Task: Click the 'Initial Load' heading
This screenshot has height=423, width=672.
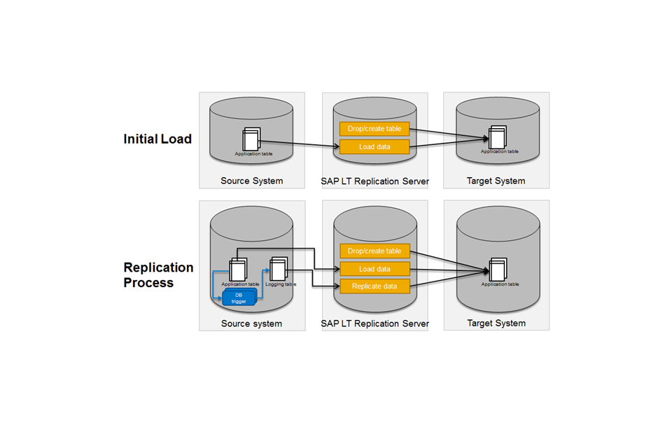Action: (157, 139)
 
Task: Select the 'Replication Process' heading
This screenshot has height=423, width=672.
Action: (158, 275)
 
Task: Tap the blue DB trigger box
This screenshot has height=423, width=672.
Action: (239, 298)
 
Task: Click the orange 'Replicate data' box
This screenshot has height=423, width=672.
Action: (374, 286)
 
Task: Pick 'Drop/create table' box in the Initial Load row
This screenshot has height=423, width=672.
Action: (374, 129)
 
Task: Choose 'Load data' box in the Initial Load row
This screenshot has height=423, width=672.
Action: (374, 146)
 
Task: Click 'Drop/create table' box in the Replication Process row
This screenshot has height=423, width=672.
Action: (374, 251)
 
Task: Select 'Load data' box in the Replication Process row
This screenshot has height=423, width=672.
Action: (374, 269)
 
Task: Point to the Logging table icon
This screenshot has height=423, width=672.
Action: (279, 269)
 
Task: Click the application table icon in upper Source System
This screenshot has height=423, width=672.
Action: (251, 139)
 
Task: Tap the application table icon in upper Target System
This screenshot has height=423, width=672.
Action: (498, 137)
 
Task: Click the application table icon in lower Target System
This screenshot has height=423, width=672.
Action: (498, 270)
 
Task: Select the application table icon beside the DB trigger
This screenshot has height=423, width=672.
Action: (238, 270)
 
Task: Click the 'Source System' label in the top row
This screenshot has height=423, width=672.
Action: (251, 181)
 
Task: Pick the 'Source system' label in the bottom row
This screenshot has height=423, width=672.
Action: (251, 324)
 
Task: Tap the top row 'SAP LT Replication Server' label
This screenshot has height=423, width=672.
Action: (374, 181)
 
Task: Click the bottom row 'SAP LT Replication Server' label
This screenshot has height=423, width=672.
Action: (374, 324)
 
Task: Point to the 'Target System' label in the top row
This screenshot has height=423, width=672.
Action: (496, 181)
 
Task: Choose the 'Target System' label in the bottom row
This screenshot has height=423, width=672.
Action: (496, 323)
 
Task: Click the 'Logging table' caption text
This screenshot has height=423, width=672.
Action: (281, 284)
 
